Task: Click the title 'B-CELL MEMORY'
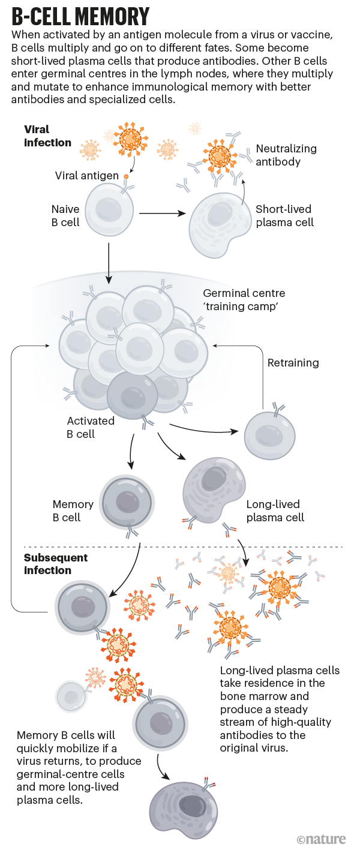(x=81, y=15)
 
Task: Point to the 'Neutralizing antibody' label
(x=286, y=155)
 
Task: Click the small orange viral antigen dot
(x=126, y=176)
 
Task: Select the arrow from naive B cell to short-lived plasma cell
(x=162, y=212)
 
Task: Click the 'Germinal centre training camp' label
(x=244, y=300)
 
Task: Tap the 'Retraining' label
(x=293, y=363)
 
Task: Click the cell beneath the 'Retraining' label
(x=269, y=434)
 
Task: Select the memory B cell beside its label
(x=128, y=502)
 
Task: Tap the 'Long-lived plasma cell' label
(x=275, y=511)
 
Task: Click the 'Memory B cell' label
(x=73, y=511)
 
